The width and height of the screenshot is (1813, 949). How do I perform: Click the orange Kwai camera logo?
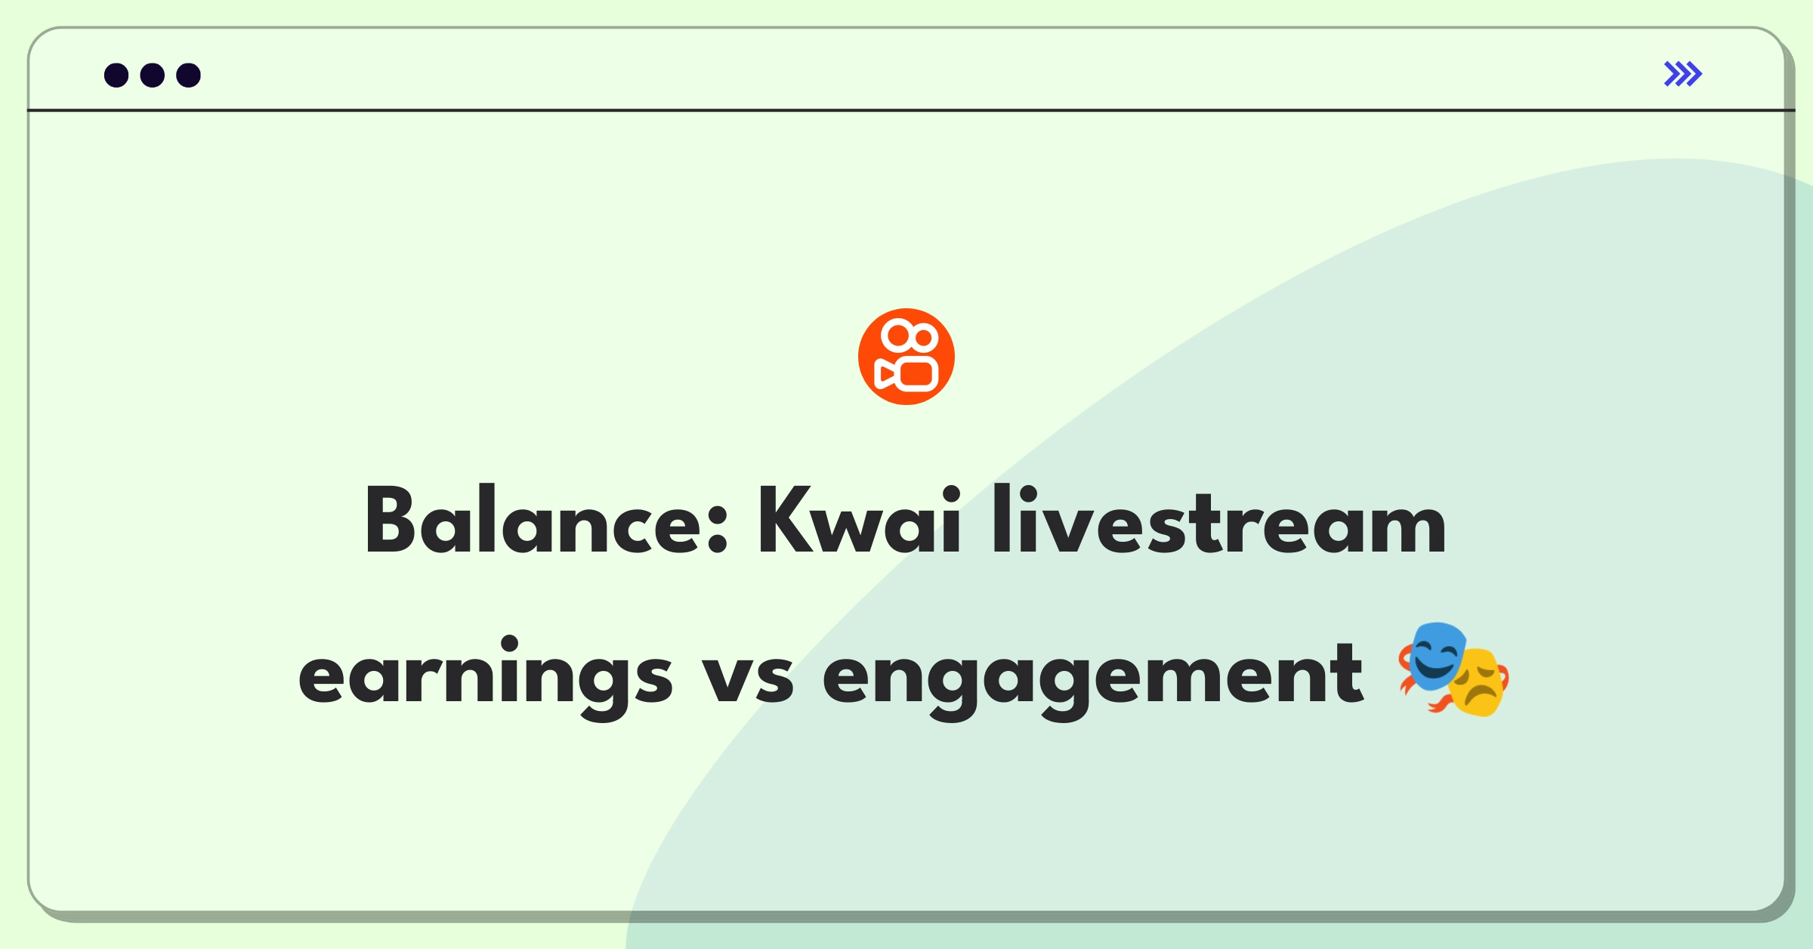tap(906, 357)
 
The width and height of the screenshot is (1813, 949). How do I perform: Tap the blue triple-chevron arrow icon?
tap(1683, 74)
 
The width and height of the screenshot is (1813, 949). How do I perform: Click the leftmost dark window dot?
tap(116, 75)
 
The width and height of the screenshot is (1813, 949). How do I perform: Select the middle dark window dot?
tap(153, 75)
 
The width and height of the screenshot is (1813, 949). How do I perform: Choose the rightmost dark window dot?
tap(189, 75)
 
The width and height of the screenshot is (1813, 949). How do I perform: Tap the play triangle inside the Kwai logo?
tap(885, 374)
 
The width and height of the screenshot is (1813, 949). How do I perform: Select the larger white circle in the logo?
tap(898, 335)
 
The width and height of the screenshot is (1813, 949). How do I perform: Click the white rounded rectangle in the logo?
tap(917, 374)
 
